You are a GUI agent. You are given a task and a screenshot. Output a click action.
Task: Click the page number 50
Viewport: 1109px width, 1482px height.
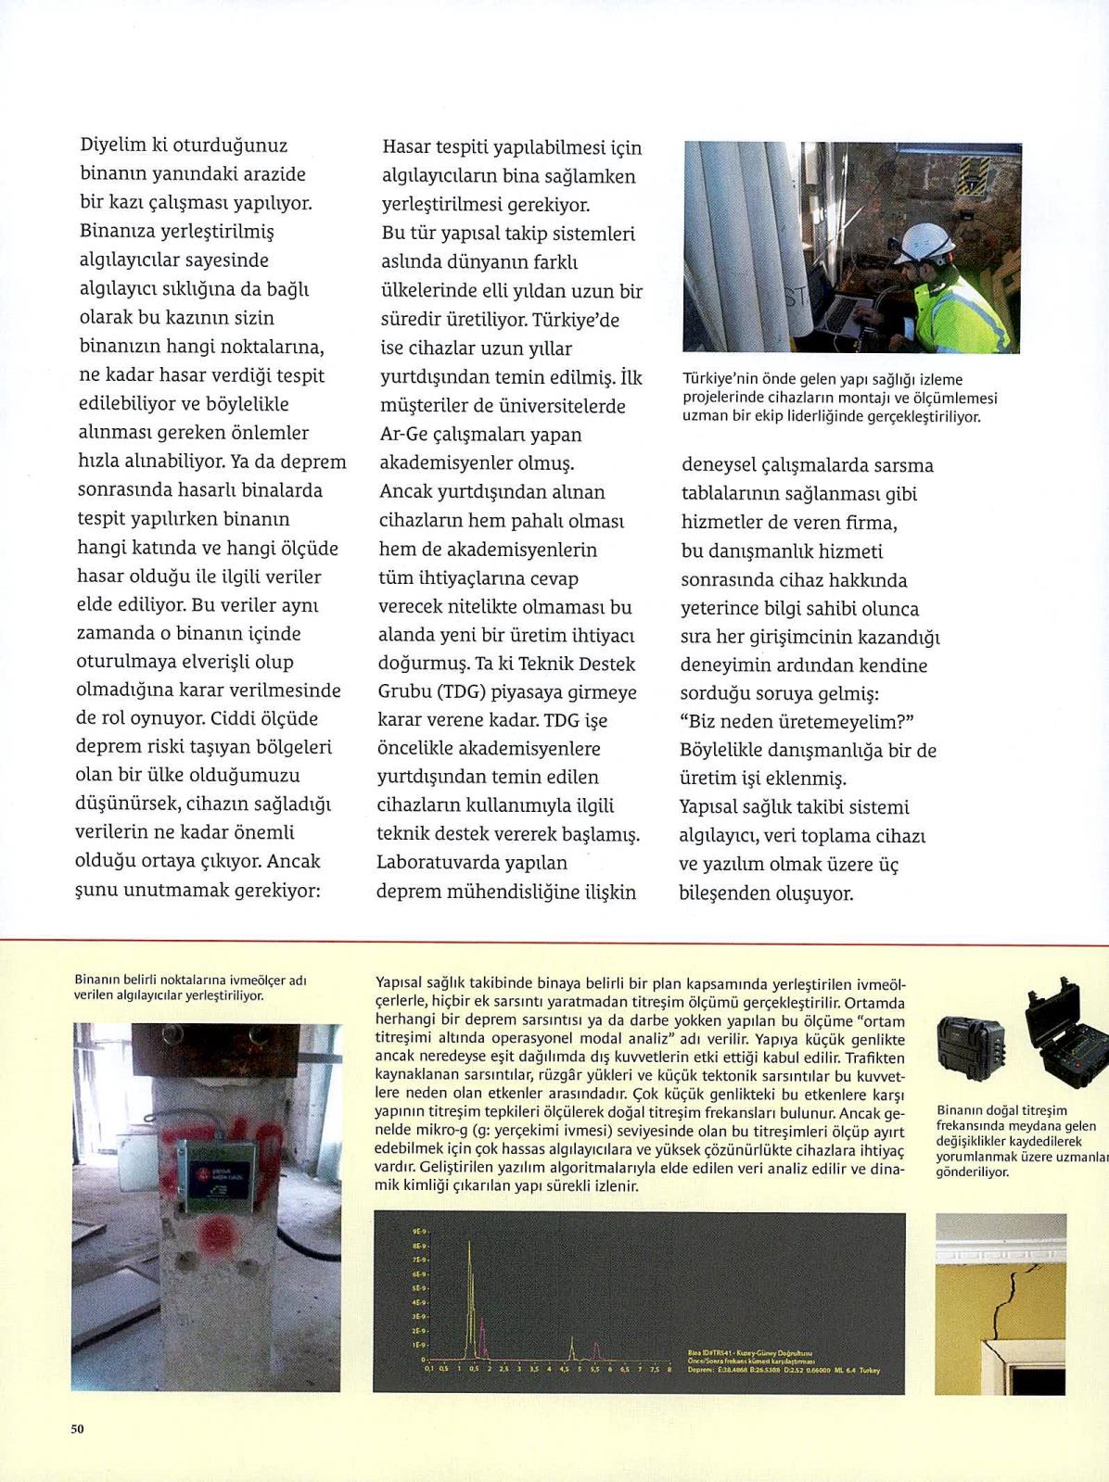point(77,1428)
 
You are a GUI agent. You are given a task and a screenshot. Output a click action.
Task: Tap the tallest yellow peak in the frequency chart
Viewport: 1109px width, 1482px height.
point(469,1241)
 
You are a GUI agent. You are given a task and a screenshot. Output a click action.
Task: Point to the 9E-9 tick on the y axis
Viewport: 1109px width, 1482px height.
point(419,1232)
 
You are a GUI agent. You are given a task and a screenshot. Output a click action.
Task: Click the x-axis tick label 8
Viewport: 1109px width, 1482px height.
point(669,1369)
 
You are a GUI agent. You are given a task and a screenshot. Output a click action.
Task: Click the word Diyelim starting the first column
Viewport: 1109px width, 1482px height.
point(113,145)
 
